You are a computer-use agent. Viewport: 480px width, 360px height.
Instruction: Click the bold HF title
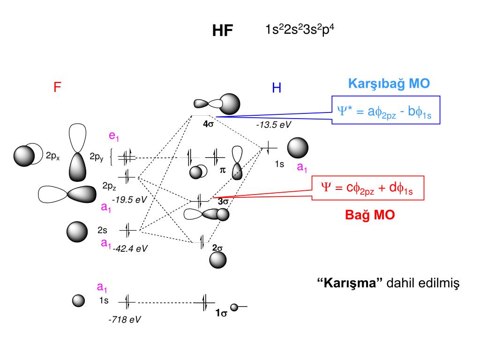pyautogui.click(x=223, y=31)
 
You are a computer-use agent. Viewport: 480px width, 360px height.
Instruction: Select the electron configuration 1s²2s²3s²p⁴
pyautogui.click(x=300, y=30)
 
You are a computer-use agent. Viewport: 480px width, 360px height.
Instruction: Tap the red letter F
pyautogui.click(x=58, y=87)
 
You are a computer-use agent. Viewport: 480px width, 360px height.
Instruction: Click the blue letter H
pyautogui.click(x=277, y=88)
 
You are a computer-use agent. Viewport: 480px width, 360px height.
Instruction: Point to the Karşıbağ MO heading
pyautogui.click(x=389, y=84)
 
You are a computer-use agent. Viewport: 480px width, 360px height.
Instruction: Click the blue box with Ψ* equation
pyautogui.click(x=386, y=110)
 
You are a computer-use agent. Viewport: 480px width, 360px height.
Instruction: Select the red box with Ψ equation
pyautogui.click(x=369, y=188)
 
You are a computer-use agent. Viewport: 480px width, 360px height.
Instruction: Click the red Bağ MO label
pyautogui.click(x=370, y=215)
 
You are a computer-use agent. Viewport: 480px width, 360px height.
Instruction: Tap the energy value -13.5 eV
pyautogui.click(x=274, y=126)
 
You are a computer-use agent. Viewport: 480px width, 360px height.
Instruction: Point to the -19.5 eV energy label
pyautogui.click(x=129, y=200)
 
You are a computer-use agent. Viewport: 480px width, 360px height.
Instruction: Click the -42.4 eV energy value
pyautogui.click(x=130, y=249)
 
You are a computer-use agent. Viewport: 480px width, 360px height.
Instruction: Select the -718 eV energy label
pyautogui.click(x=124, y=320)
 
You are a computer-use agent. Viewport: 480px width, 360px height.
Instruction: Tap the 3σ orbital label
pyautogui.click(x=223, y=202)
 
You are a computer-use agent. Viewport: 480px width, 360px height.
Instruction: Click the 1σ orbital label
pyautogui.click(x=221, y=314)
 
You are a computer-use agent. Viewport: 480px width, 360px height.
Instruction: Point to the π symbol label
pyautogui.click(x=223, y=172)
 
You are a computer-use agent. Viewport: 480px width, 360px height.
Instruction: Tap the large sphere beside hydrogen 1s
pyautogui.click(x=298, y=148)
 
